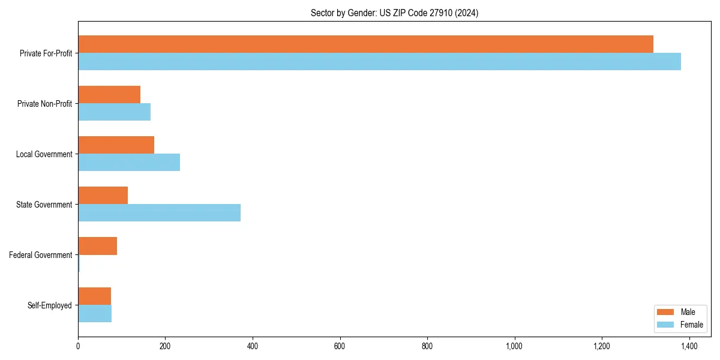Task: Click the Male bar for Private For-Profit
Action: (x=365, y=44)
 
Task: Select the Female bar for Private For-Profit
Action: (x=379, y=61)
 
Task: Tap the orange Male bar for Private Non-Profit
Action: (x=109, y=94)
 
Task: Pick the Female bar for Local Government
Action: (x=129, y=162)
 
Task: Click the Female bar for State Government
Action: (x=159, y=212)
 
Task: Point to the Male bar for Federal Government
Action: (x=97, y=246)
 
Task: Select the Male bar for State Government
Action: (x=103, y=196)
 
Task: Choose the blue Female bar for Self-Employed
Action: (x=95, y=313)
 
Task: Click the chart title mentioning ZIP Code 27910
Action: (x=394, y=13)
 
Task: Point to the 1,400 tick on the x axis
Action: (x=689, y=346)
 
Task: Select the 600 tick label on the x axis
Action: (x=340, y=346)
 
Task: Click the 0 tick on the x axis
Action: (x=78, y=346)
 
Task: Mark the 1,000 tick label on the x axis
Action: (x=514, y=346)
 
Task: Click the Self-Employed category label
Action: (x=50, y=305)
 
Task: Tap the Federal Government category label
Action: (x=41, y=255)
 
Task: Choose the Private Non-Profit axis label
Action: (x=44, y=104)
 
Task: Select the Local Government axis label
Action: (x=44, y=154)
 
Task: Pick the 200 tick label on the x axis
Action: (x=165, y=346)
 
